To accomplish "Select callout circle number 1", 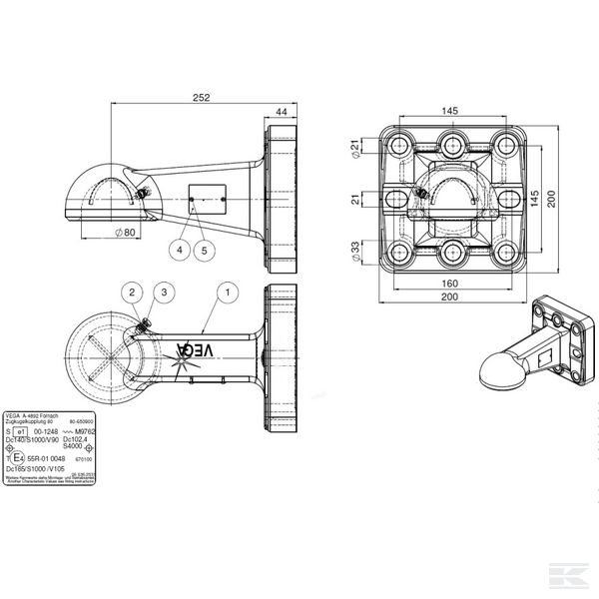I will (x=229, y=293).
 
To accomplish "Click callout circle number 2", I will (x=132, y=293).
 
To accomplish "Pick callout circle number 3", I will (x=166, y=293).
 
